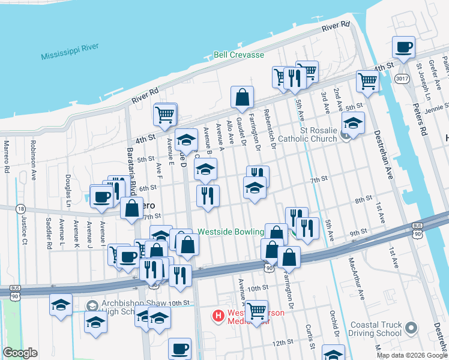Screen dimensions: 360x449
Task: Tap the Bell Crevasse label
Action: (239, 55)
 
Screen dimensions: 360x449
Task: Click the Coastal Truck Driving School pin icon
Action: (411, 328)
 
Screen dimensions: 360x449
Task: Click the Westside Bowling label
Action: (231, 232)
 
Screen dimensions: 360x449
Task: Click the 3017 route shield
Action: (402, 78)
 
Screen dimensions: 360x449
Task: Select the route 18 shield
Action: (22, 209)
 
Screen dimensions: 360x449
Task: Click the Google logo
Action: (20, 353)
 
